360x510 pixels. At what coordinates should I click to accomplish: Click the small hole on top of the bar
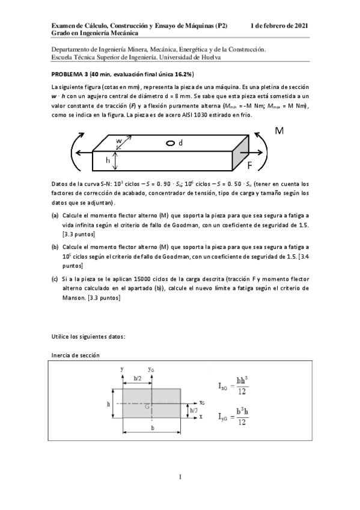pos(171,143)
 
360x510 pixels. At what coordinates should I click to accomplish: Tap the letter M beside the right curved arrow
pos(279,131)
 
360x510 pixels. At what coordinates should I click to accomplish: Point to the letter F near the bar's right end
pos(250,164)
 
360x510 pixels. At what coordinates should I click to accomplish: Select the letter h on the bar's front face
pos(108,160)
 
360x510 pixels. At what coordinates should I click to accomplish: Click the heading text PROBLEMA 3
pos(70,74)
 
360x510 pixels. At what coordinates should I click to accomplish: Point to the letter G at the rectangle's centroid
pos(147,407)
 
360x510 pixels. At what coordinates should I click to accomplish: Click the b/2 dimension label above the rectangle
pos(138,378)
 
